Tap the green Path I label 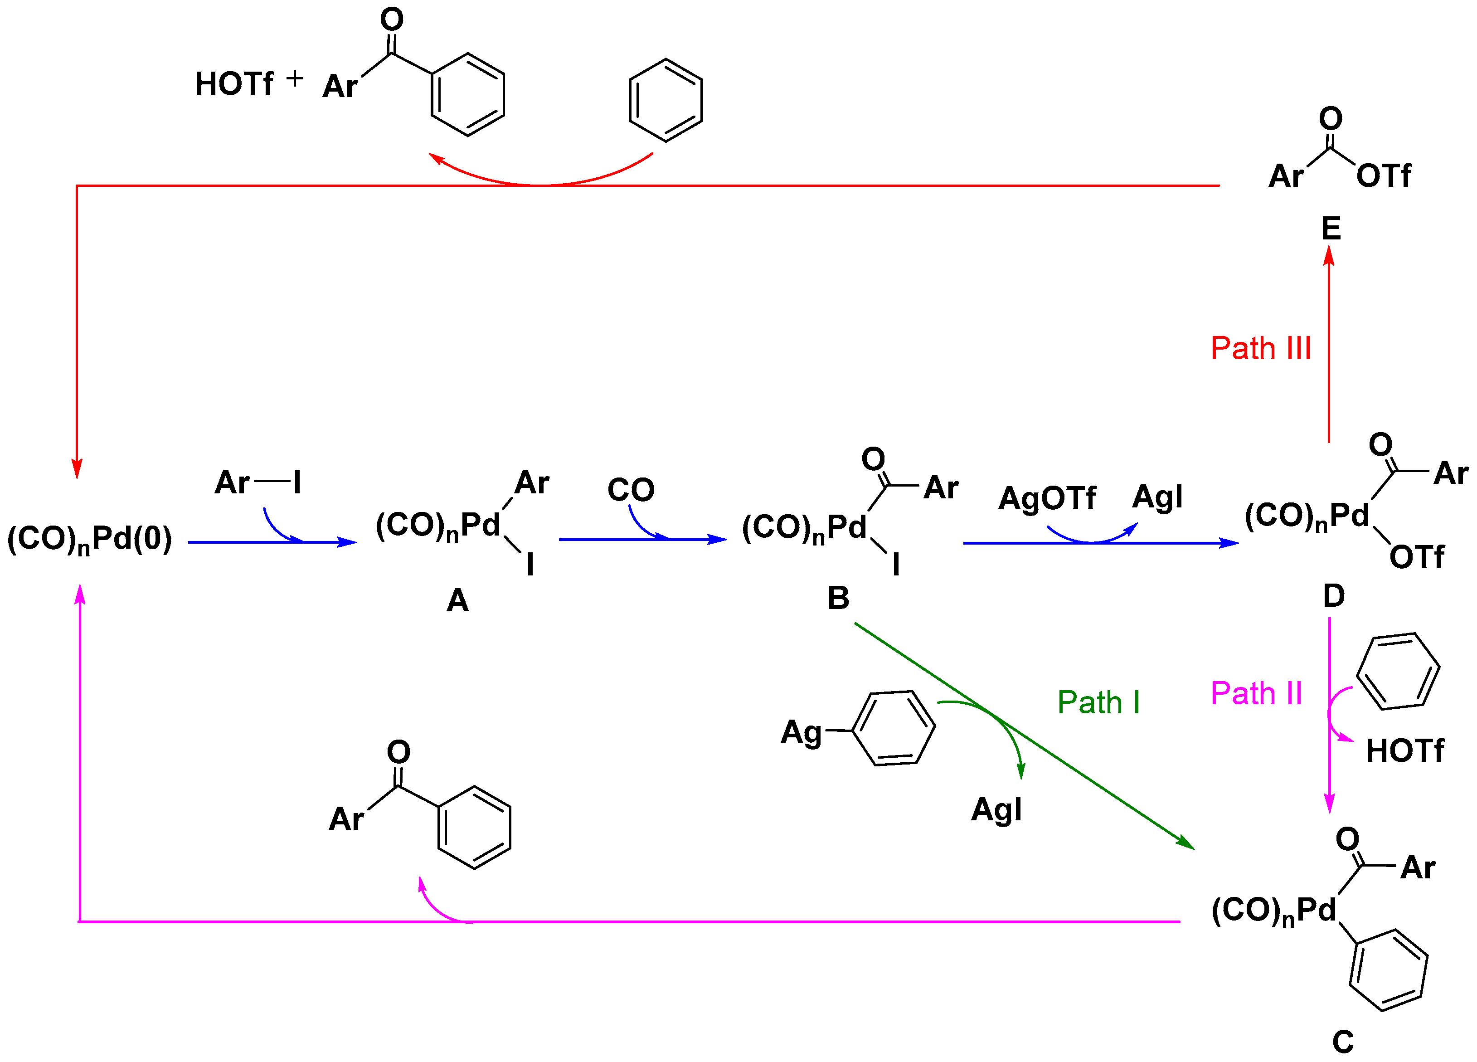(x=1098, y=702)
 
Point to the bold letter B (x=838, y=598)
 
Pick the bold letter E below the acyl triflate (x=1331, y=229)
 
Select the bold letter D (x=1334, y=595)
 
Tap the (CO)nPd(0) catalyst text (x=89, y=540)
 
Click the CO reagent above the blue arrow (x=631, y=490)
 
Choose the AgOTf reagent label (x=1047, y=498)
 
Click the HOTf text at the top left (x=234, y=84)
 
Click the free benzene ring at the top (x=665, y=100)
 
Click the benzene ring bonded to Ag (x=894, y=728)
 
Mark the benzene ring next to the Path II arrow (x=1398, y=671)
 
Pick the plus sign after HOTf (x=294, y=78)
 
